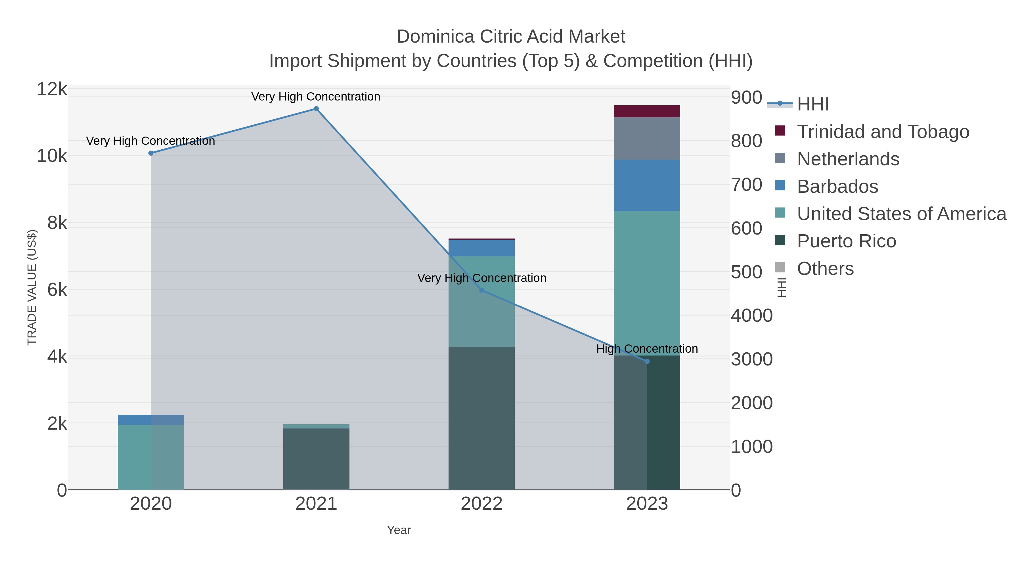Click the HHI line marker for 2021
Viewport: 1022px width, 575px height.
(316, 109)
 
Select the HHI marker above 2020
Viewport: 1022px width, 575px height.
(151, 153)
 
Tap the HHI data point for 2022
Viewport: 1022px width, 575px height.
(482, 290)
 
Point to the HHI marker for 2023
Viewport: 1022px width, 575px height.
(647, 361)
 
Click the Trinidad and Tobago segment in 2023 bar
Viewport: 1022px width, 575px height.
(647, 112)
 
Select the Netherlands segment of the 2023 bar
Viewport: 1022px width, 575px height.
(647, 139)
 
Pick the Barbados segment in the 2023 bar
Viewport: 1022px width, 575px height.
(647, 185)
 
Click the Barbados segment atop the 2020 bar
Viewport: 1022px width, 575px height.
(151, 420)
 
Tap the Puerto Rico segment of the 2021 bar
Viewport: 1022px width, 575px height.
(316, 459)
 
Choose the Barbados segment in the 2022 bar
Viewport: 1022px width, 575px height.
(482, 248)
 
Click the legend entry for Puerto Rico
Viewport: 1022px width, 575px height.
(846, 241)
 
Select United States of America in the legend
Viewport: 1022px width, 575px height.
(901, 214)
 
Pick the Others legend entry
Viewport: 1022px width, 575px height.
(825, 269)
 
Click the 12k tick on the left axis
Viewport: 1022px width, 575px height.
(52, 89)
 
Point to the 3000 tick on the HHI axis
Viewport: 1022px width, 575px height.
(751, 359)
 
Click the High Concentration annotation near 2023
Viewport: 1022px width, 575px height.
(647, 349)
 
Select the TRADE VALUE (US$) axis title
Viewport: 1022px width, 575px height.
(32, 287)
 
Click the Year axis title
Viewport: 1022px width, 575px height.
(399, 530)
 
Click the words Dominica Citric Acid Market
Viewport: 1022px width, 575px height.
(511, 37)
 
